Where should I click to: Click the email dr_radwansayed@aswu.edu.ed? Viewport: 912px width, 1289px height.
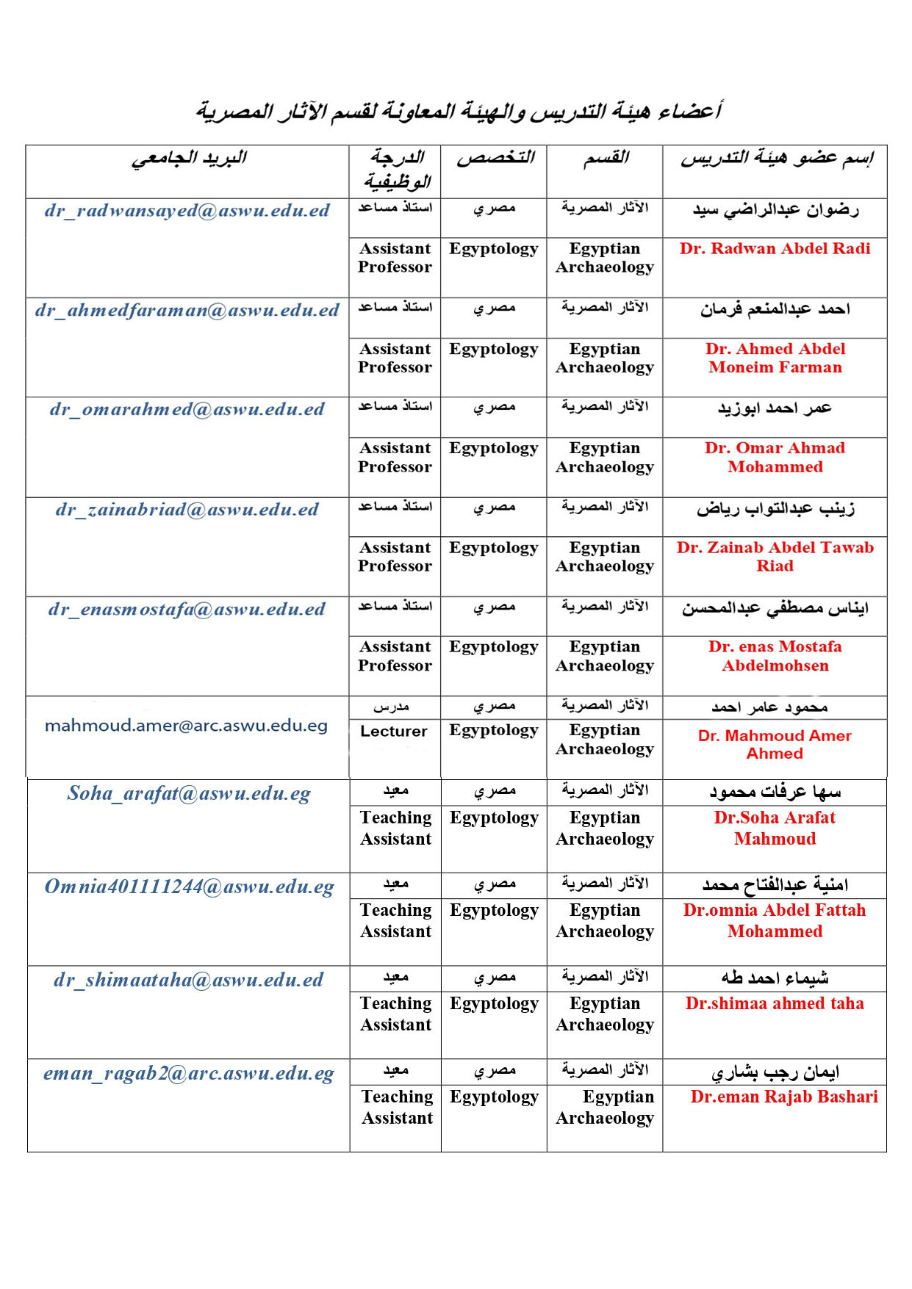(x=187, y=211)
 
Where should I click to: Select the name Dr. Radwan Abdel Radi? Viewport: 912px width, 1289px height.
(x=775, y=249)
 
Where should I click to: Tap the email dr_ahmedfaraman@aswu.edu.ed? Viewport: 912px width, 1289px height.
(x=187, y=311)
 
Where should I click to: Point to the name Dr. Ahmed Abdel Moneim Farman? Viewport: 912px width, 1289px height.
(x=775, y=358)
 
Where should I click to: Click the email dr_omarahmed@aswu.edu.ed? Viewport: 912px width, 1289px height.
(x=187, y=410)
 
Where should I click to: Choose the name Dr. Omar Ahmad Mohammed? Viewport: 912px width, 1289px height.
(x=775, y=458)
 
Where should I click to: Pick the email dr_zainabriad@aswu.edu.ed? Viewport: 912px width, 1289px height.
(x=187, y=510)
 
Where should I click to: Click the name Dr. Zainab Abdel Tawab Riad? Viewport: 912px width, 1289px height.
(x=775, y=557)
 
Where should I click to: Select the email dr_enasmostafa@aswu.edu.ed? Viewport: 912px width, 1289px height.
(x=187, y=610)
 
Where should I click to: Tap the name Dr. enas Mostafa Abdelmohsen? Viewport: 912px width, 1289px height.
(x=775, y=657)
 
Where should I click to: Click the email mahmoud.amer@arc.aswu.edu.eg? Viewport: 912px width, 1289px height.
(x=186, y=726)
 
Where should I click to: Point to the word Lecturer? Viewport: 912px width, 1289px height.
(x=394, y=732)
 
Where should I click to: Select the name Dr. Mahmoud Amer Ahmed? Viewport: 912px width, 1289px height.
(x=775, y=745)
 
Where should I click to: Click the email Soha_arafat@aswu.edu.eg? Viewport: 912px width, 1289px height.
(x=189, y=794)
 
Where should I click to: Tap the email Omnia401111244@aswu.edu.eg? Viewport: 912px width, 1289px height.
(x=189, y=887)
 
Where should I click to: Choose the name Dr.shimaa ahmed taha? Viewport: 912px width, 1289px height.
(x=775, y=1004)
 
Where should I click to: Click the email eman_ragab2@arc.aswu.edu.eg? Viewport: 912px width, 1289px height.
(x=189, y=1074)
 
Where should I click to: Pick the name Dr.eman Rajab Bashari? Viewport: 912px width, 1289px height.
(x=783, y=1097)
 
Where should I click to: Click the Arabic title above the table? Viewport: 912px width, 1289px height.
(x=459, y=112)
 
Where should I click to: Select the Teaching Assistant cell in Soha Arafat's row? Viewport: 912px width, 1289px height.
(x=396, y=828)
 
